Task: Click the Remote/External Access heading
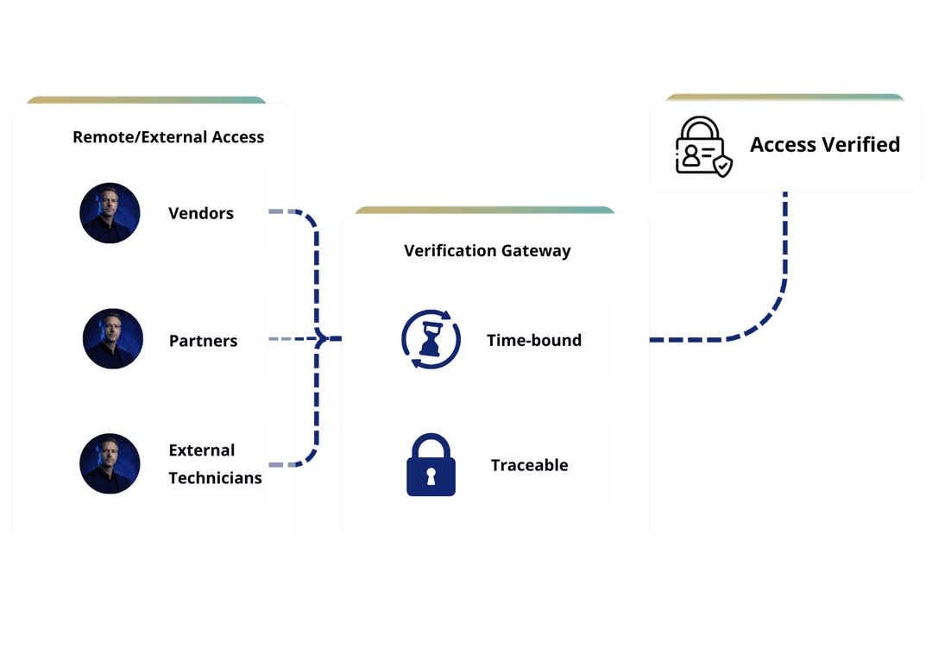tap(168, 137)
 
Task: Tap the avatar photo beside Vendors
tap(110, 213)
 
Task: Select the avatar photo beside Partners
tap(113, 339)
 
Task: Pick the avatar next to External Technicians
tap(110, 463)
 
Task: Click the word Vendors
tap(200, 213)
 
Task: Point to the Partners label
tap(203, 341)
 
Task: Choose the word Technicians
tap(215, 478)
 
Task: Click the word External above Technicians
tap(201, 450)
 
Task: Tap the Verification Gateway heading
tap(487, 251)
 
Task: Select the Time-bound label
tap(533, 340)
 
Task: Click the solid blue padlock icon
tap(431, 465)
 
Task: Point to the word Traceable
tap(529, 465)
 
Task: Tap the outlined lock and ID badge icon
tap(702, 146)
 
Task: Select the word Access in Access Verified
tap(782, 144)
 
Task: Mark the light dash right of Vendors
tap(277, 211)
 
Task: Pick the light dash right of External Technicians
tap(277, 465)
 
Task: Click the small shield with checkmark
tap(721, 166)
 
